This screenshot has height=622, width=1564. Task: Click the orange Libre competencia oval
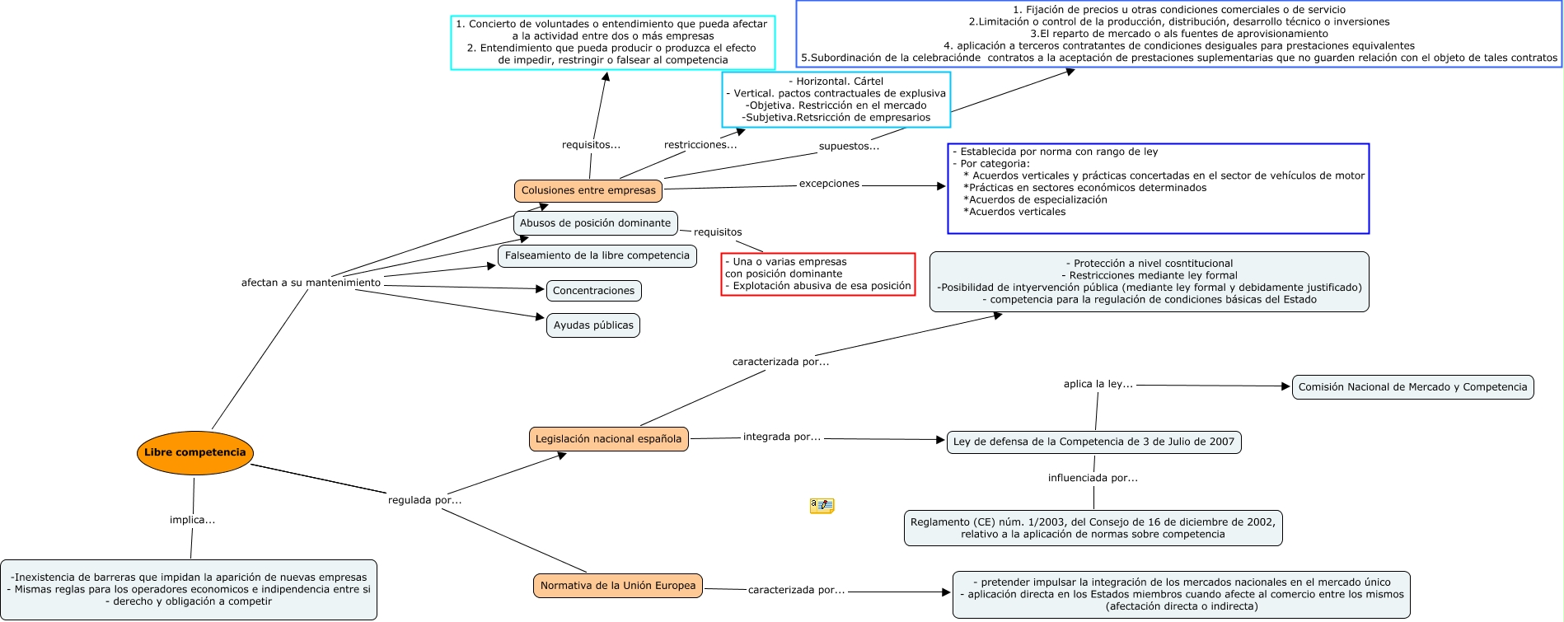[x=194, y=452]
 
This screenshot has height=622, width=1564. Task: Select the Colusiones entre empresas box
[x=588, y=190]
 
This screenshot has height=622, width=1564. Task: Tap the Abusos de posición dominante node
[x=595, y=223]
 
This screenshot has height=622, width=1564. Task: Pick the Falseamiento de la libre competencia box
[x=597, y=255]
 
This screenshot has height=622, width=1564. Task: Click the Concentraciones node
[x=593, y=291]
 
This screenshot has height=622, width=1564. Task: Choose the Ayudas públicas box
[x=593, y=325]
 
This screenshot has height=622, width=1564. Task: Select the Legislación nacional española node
[x=608, y=439]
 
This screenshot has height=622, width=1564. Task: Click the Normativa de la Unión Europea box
[x=617, y=586]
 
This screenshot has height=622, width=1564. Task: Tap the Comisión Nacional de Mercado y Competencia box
[x=1412, y=387]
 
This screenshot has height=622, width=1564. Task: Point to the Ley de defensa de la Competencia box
[x=1093, y=442]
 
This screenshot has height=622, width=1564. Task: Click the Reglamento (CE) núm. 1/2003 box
[x=1093, y=528]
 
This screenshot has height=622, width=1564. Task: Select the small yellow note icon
[x=822, y=505]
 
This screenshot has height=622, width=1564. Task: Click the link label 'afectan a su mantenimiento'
[x=311, y=283]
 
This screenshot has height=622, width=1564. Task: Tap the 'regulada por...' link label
[x=424, y=500]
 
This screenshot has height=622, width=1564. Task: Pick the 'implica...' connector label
[x=192, y=520]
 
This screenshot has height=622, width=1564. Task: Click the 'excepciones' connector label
[x=829, y=184]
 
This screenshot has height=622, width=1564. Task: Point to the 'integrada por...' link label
[x=781, y=437]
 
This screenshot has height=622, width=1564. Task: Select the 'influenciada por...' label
[x=1093, y=478]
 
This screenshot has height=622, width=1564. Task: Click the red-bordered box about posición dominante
[x=817, y=274]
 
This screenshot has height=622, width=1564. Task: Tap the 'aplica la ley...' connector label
[x=1098, y=384]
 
